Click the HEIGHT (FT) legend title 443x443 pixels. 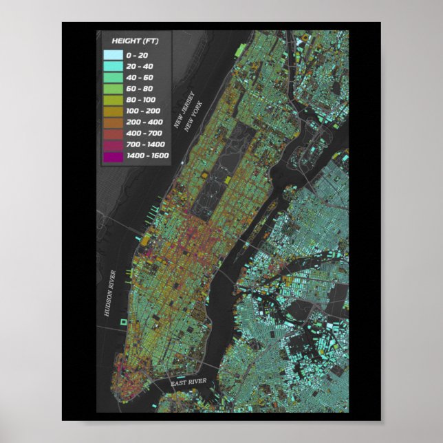point(135,41)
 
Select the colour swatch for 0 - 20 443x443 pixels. point(113,54)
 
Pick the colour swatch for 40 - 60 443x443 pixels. point(113,77)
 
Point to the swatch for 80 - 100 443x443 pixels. point(113,100)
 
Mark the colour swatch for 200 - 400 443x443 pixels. point(113,122)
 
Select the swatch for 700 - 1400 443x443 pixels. point(113,144)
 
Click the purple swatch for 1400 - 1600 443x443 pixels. point(113,155)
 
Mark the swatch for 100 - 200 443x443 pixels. point(113,111)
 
